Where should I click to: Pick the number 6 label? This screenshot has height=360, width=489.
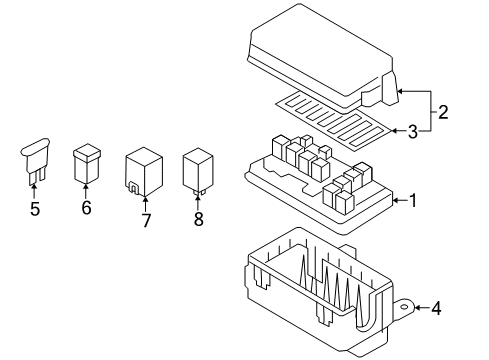[85, 208]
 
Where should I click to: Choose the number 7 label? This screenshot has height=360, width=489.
[146, 220]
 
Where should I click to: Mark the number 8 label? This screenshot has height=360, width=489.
[197, 218]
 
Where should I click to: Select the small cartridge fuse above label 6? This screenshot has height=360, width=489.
[85, 164]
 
